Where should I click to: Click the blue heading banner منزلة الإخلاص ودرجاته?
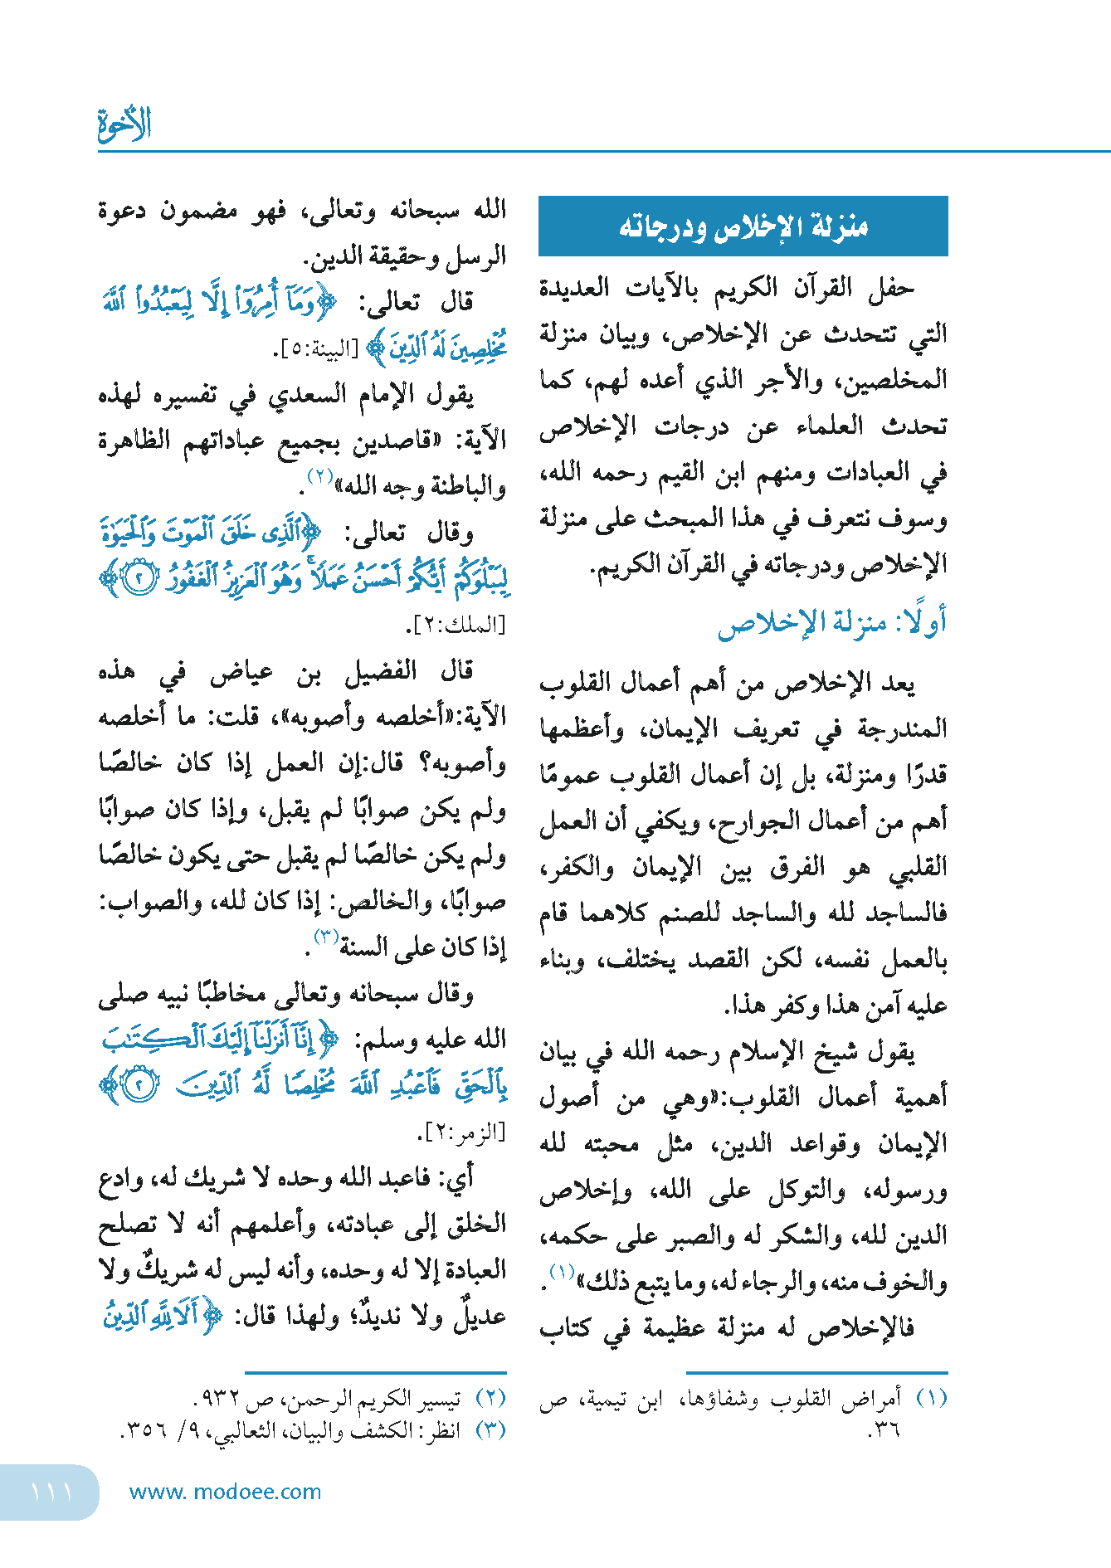[743, 226]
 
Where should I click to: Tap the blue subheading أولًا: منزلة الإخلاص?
[831, 623]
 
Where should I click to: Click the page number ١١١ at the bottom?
[51, 1492]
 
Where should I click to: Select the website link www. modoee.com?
[225, 1492]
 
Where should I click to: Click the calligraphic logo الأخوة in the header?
[124, 124]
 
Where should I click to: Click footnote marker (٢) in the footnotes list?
[490, 1399]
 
